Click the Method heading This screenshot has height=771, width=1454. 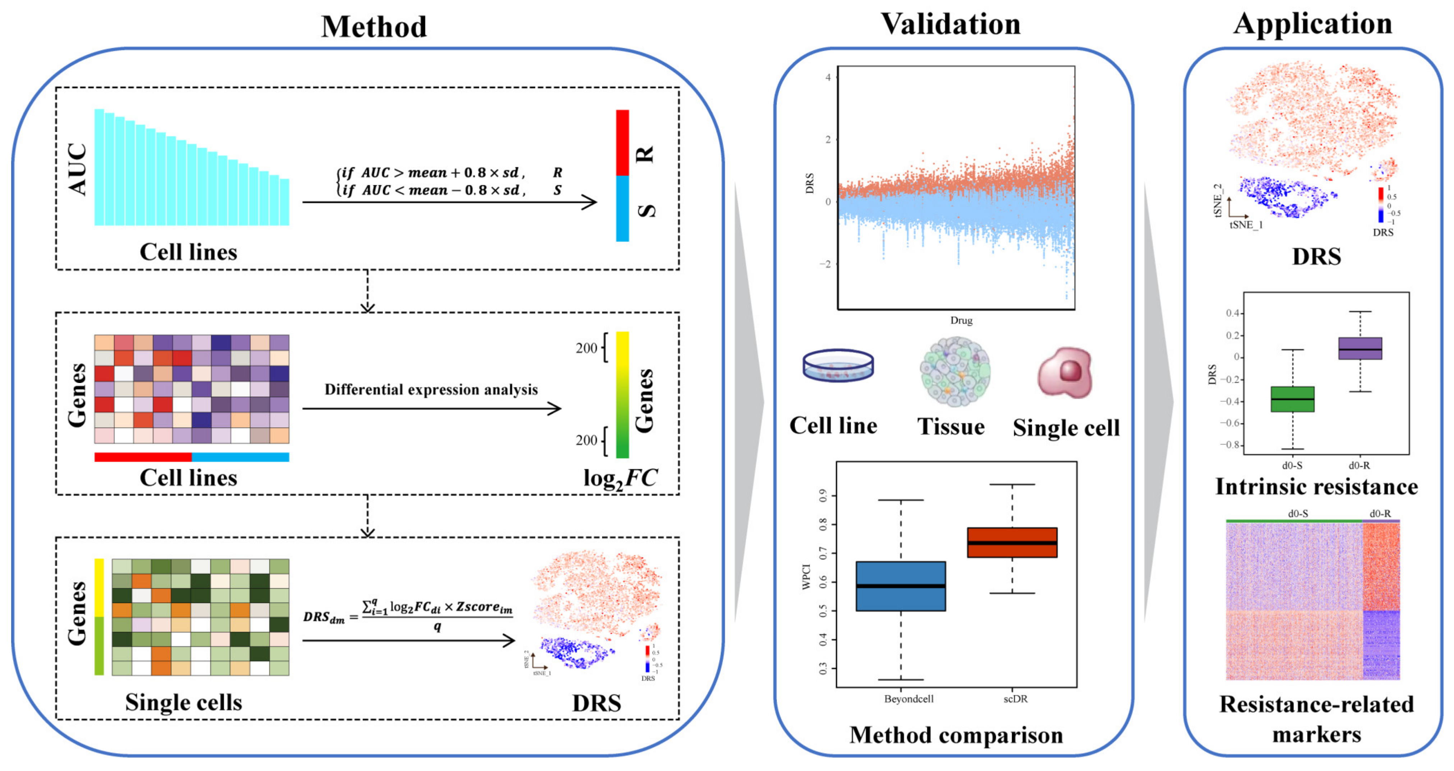coord(374,27)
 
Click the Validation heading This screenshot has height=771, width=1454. coord(951,24)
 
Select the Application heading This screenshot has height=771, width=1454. coord(1313,24)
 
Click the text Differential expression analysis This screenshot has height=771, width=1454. coord(431,389)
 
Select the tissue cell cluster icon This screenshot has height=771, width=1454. coord(955,371)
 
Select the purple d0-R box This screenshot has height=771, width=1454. coord(1360,348)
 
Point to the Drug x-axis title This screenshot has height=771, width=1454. coord(961,320)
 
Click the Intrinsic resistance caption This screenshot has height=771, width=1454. coord(1316,487)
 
